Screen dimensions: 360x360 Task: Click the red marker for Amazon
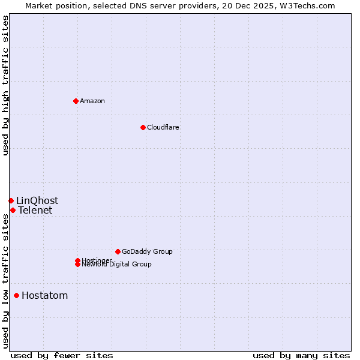coord(76,101)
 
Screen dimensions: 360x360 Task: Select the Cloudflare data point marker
coord(143,127)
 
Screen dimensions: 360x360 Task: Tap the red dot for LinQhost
coord(11,200)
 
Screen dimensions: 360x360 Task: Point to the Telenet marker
coord(13,210)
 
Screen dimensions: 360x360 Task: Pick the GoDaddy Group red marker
coord(118,251)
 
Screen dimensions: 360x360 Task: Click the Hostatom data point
coord(16,295)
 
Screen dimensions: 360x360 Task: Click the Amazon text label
coord(92,101)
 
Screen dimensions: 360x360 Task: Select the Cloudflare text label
coord(163,127)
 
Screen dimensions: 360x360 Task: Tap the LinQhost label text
coord(37,200)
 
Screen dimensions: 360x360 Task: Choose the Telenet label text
coord(35,210)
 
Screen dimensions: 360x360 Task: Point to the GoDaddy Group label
coord(147,251)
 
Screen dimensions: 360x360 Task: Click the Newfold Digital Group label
coord(116,265)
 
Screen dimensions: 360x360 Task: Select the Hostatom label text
coord(44,295)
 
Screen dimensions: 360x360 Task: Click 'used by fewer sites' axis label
coord(62,355)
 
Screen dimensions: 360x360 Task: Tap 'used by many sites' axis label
coord(301,355)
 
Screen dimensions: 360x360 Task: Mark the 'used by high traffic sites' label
coord(5,85)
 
